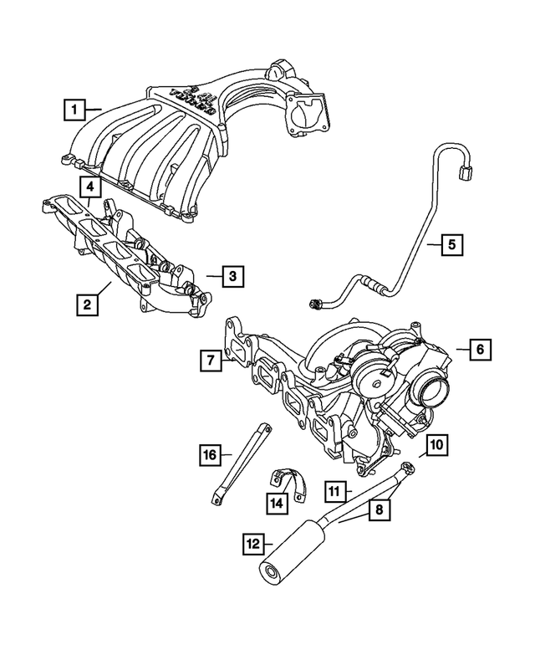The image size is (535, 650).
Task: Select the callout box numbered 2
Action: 87,305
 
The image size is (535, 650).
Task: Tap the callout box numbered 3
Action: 233,274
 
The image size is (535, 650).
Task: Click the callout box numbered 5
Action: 451,244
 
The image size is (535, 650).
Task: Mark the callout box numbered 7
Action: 211,361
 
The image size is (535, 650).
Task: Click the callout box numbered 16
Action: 210,454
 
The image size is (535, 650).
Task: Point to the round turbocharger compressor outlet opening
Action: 434,390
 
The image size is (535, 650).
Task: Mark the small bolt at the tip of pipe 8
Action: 407,468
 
